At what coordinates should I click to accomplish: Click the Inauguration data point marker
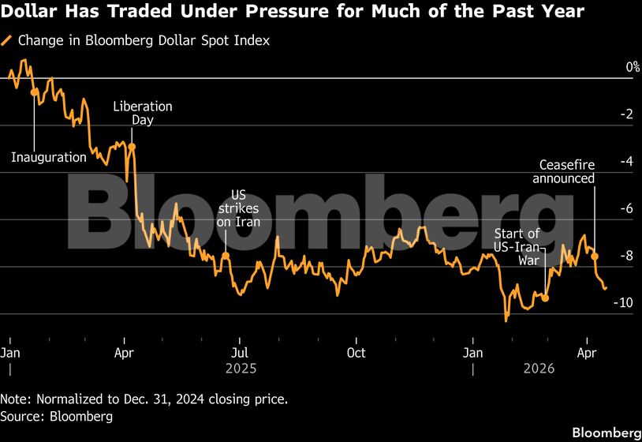pyautogui.click(x=33, y=92)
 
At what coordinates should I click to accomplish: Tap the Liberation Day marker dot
pyautogui.click(x=132, y=147)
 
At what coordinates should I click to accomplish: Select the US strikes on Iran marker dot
pyautogui.click(x=226, y=255)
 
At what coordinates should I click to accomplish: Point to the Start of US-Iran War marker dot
pyautogui.click(x=545, y=298)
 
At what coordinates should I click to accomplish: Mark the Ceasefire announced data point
pyautogui.click(x=595, y=257)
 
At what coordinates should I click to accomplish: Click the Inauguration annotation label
pyautogui.click(x=49, y=157)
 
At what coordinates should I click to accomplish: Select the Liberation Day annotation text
pyautogui.click(x=143, y=113)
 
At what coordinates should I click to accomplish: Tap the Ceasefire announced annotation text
pyautogui.click(x=566, y=171)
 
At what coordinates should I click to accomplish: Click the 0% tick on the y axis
pyautogui.click(x=610, y=68)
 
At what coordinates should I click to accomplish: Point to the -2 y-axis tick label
pyautogui.click(x=605, y=114)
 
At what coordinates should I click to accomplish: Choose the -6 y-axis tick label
pyautogui.click(x=605, y=209)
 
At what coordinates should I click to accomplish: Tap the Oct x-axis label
pyautogui.click(x=356, y=353)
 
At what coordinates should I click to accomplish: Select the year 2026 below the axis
pyautogui.click(x=539, y=369)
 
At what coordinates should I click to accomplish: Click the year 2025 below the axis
pyautogui.click(x=241, y=369)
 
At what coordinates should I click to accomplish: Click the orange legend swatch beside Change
pyautogui.click(x=7, y=40)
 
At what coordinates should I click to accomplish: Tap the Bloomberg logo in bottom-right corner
pyautogui.click(x=605, y=433)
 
